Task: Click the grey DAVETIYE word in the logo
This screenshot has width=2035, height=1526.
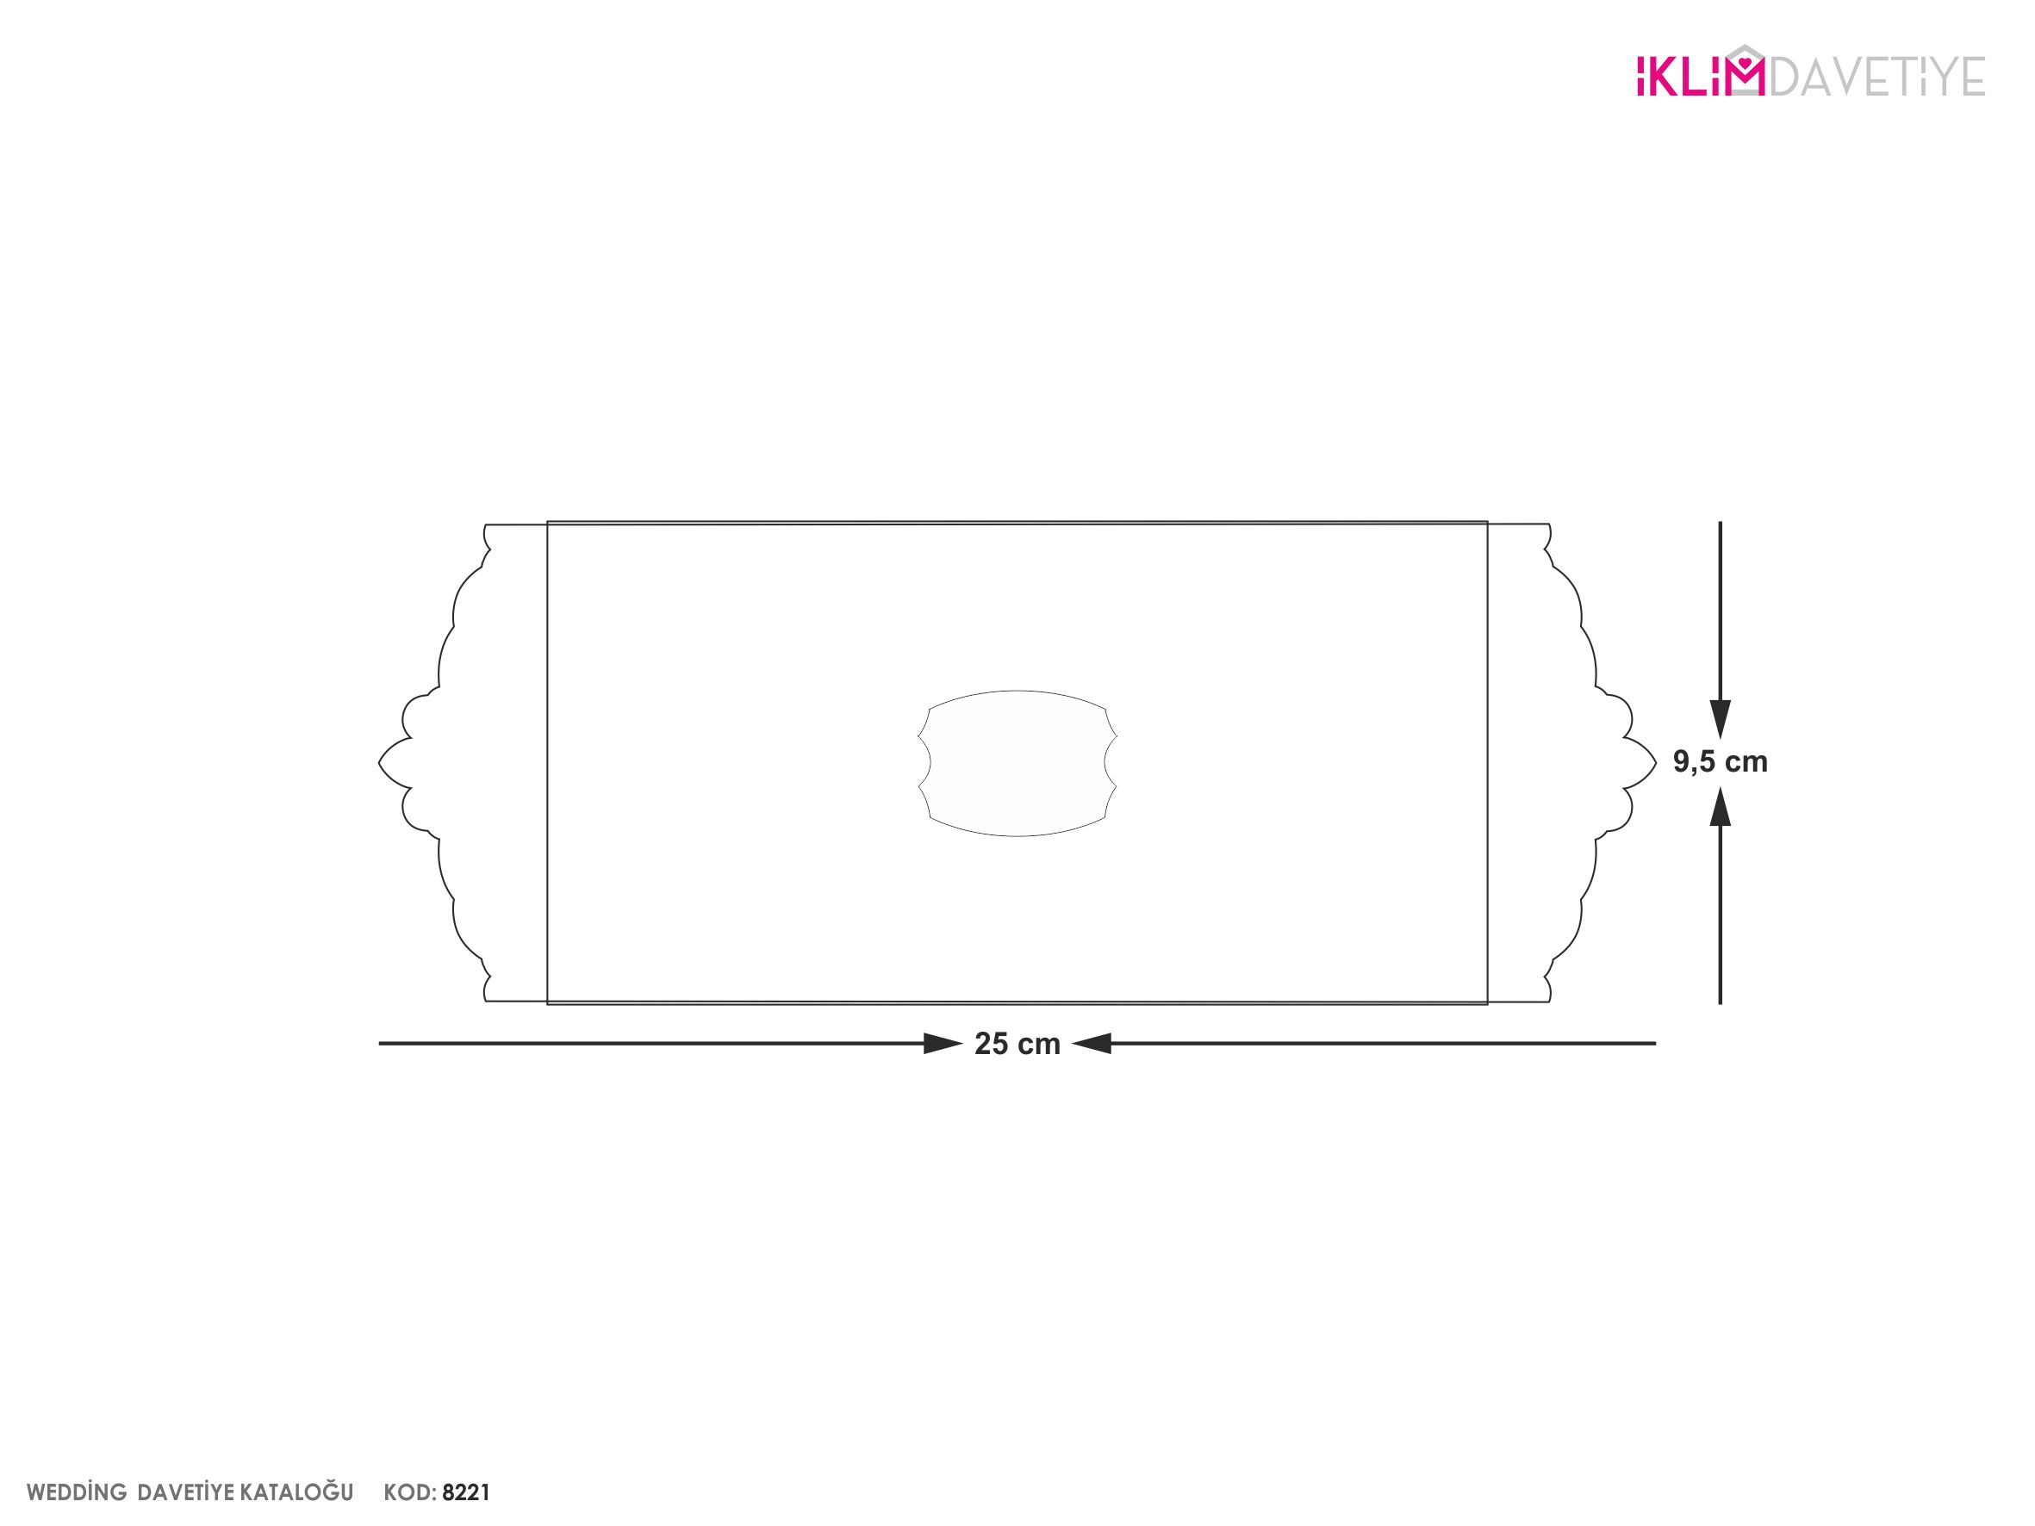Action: click(1876, 78)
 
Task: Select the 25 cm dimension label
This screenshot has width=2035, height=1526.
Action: click(1017, 1044)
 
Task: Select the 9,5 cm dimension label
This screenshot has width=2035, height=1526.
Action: click(1721, 761)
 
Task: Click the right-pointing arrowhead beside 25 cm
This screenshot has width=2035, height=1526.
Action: click(943, 1044)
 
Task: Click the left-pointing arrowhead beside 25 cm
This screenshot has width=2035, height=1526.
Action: click(1091, 1044)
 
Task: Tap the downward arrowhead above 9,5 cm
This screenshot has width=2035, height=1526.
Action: click(1721, 719)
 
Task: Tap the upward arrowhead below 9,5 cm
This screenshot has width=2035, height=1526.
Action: click(1721, 807)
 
